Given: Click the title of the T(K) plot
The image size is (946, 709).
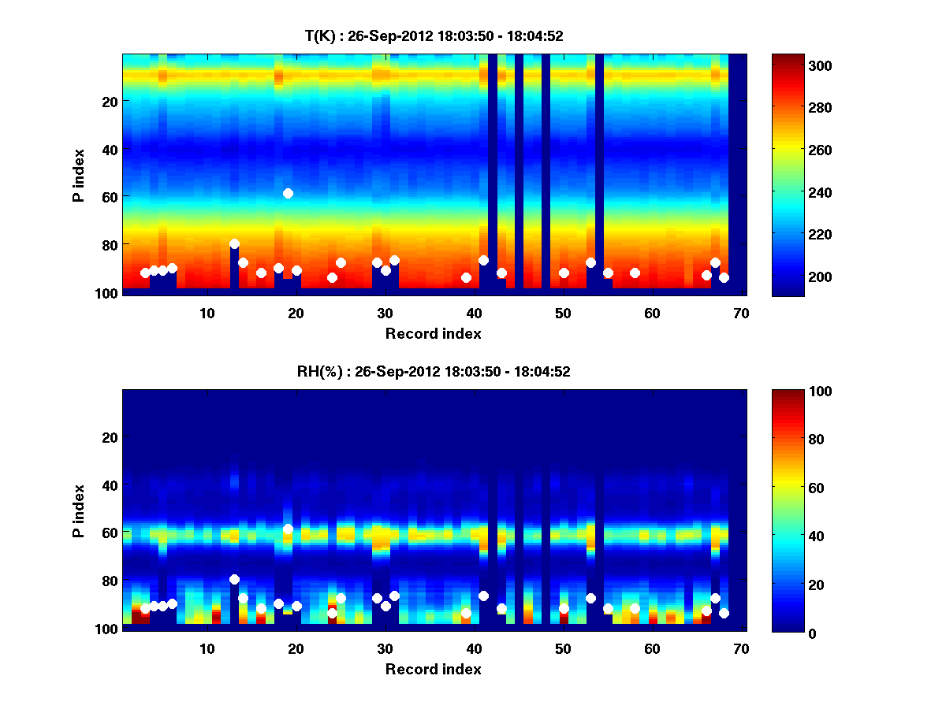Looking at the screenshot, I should coord(434,35).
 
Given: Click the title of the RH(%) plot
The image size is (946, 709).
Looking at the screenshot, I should coord(434,371).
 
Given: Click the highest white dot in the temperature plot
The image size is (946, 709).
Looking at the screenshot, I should coord(288,193).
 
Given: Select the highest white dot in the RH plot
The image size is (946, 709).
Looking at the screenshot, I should coord(288,529).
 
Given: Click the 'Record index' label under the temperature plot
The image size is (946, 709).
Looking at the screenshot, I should coord(434,333).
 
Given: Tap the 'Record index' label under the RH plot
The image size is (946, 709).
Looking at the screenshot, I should coord(434,669).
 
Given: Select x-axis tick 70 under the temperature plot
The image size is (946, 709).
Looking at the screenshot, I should coord(742,313).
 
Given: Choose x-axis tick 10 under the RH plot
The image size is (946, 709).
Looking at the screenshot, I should coord(207,648).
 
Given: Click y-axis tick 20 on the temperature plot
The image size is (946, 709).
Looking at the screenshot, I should coord(109,101).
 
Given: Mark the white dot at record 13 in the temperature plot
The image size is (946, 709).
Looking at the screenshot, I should coord(234,244).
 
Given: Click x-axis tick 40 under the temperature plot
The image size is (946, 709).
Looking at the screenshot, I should coord(474,313).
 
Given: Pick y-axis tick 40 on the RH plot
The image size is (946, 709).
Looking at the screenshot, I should coord(109,484).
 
